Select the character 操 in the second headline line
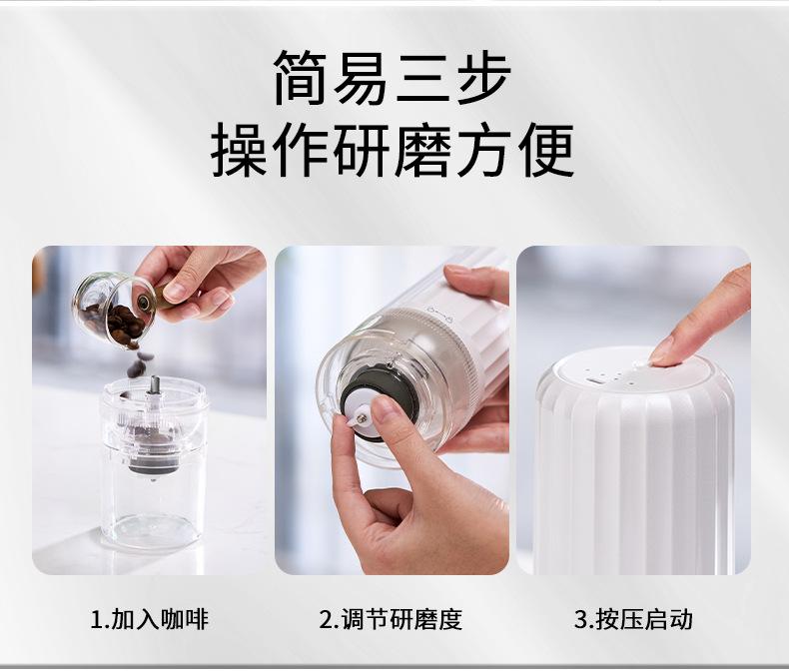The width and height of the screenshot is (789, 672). pyautogui.click(x=240, y=151)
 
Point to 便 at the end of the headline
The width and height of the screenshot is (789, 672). pyautogui.click(x=546, y=151)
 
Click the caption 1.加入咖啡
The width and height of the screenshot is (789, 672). pyautogui.click(x=150, y=619)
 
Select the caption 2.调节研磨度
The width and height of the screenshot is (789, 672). pyautogui.click(x=392, y=619)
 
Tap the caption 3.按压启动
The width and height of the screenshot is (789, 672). pyautogui.click(x=632, y=619)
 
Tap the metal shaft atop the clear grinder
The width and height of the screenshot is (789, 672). pyautogui.click(x=155, y=384)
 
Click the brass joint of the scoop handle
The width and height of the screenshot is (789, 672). pyautogui.click(x=150, y=298)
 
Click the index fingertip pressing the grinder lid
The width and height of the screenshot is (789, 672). pyautogui.click(x=663, y=349)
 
